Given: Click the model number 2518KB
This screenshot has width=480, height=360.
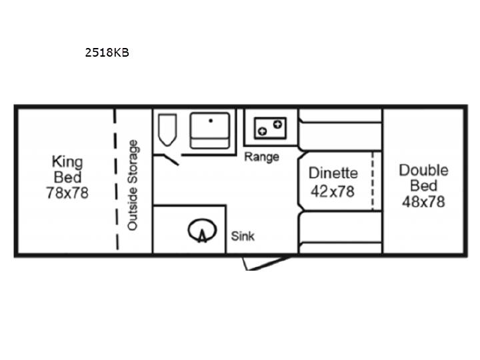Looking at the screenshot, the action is tap(107, 53).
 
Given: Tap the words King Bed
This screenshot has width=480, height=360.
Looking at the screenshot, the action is tap(67, 169).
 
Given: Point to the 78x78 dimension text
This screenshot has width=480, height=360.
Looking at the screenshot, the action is tap(67, 193).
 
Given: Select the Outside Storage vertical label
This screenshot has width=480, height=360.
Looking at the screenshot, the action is tap(133, 185).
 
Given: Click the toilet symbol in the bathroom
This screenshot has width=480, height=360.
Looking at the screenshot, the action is tap(167, 130).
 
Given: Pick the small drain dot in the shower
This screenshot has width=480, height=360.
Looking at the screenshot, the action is tap(211, 121).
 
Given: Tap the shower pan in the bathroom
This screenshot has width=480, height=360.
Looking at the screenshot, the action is tap(210, 131).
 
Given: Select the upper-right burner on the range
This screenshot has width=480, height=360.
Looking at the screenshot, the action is tap(277, 124).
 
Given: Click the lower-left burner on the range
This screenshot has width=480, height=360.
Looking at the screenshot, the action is tap(263, 131).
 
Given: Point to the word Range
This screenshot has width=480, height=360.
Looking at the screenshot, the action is tap(261, 157).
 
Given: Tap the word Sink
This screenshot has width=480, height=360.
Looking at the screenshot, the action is tap(243, 236).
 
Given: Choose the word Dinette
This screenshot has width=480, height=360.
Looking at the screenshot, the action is tap(333, 173).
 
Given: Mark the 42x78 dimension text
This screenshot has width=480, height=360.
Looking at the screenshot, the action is tap(333, 191).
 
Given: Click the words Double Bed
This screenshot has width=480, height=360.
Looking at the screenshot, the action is tap(424, 178).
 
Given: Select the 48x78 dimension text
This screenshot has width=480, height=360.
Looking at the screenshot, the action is tap(423, 202).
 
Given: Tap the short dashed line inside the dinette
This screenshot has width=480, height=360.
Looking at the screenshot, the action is tap(373, 181).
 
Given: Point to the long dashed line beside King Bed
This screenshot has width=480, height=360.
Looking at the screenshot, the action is tap(116, 179).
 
